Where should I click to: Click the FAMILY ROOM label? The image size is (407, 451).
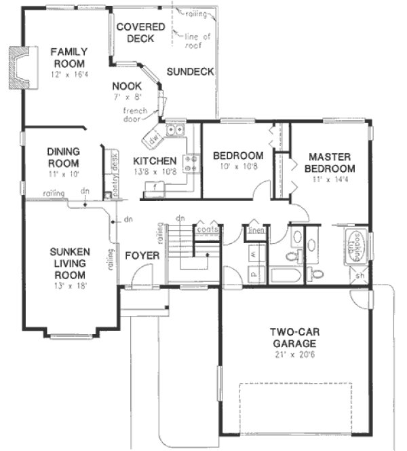pos(67,57)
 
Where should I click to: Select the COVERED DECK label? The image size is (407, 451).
pos(140,33)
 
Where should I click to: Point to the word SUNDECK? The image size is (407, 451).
pos(190,71)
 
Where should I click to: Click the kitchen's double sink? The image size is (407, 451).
pos(176,130)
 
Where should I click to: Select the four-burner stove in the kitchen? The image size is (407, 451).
pos(192,162)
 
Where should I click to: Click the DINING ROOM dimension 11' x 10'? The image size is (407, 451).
pos(64,175)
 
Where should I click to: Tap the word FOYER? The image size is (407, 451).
pos(142,255)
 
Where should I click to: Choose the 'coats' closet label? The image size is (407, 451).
pos(207,230)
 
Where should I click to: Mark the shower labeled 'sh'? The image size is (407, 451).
pos(359,276)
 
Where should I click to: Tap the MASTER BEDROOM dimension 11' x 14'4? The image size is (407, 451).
pos(329,179)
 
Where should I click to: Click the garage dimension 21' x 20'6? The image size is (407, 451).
pos(295,353)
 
